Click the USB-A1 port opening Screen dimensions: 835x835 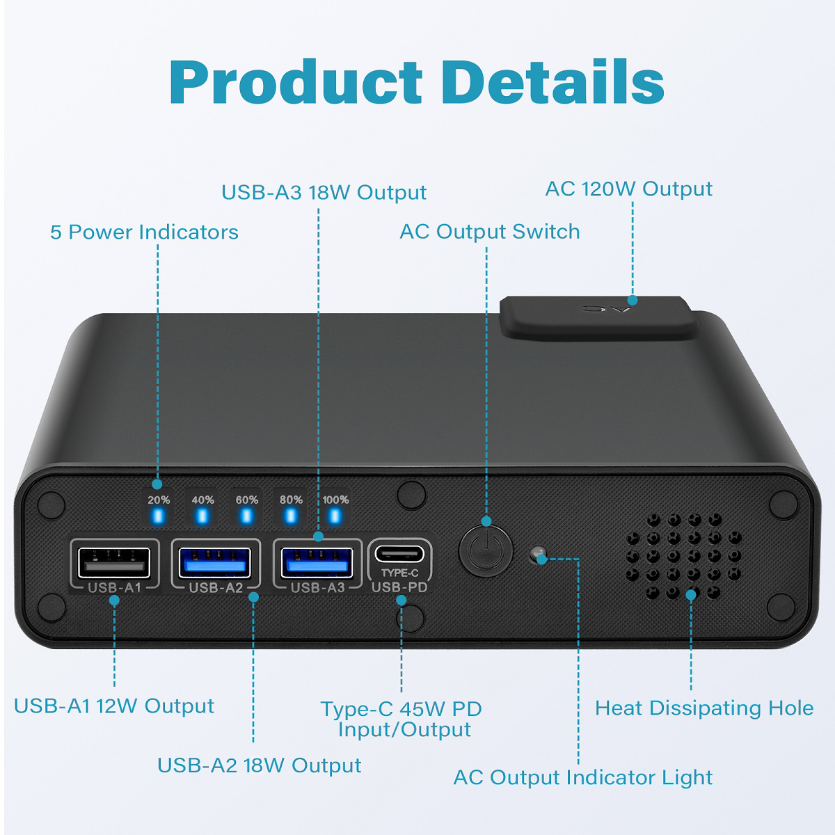[113, 562]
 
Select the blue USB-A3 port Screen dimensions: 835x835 [316, 562]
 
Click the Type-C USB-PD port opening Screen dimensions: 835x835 [399, 555]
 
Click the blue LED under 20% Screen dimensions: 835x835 [158, 516]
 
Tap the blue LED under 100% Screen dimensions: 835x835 [335, 516]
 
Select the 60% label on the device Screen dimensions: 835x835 [246, 500]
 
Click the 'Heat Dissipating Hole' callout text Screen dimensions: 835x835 [704, 708]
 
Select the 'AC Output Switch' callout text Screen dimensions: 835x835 [489, 232]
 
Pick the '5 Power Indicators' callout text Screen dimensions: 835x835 [144, 232]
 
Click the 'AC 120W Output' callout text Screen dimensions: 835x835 [628, 189]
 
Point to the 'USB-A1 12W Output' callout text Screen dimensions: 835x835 [114, 706]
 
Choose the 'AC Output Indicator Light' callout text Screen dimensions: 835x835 [583, 777]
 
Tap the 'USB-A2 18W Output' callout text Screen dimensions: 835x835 [259, 765]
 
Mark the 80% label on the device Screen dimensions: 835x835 [291, 500]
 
